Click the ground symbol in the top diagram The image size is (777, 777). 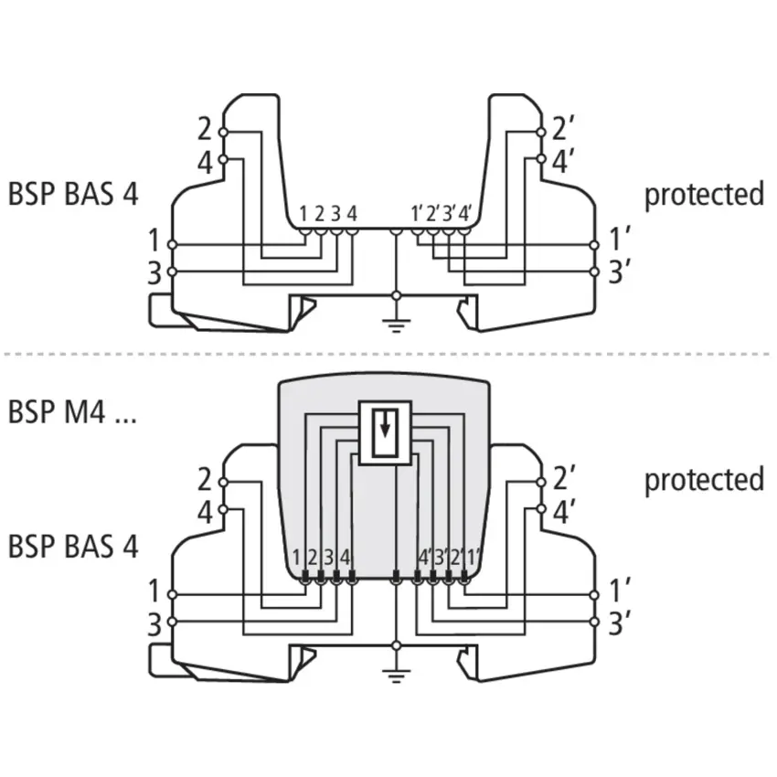tap(396, 326)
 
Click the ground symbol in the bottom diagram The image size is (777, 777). tap(396, 676)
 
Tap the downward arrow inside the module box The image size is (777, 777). tap(385, 424)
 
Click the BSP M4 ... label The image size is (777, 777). tap(72, 411)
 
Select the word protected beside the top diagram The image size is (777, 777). tap(704, 194)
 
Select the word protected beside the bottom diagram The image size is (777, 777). tap(704, 480)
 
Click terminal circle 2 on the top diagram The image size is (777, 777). tap(223, 133)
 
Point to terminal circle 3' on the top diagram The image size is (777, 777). tap(595, 271)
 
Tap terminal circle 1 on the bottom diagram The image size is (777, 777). tap(172, 595)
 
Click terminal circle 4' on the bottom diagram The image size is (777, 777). tap(541, 509)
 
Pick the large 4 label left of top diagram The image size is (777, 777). tap(205, 163)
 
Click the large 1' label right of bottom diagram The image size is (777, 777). tap(619, 590)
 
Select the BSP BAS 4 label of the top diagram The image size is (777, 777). tap(73, 194)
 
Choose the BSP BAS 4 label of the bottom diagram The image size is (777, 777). tap(73, 547)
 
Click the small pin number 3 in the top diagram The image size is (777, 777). tap(335, 214)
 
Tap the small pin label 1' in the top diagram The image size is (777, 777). tap(416, 214)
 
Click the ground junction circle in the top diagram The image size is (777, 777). tap(396, 296)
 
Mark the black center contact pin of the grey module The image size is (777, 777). tap(396, 576)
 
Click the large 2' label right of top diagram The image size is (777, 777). tap(562, 128)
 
